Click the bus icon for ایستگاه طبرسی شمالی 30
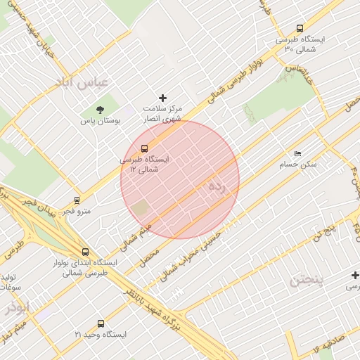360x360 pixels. click(300, 29)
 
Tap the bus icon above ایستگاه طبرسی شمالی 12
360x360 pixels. click(144, 148)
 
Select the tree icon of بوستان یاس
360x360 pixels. click(99, 109)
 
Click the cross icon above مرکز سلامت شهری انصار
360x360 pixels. click(163, 98)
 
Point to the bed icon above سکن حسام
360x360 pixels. click(298, 153)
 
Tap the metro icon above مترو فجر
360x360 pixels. click(77, 200)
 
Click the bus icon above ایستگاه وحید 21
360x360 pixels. click(101, 324)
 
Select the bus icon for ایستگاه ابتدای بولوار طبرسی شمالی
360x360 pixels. click(85, 252)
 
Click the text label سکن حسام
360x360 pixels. click(299, 164)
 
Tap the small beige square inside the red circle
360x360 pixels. click(141, 208)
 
